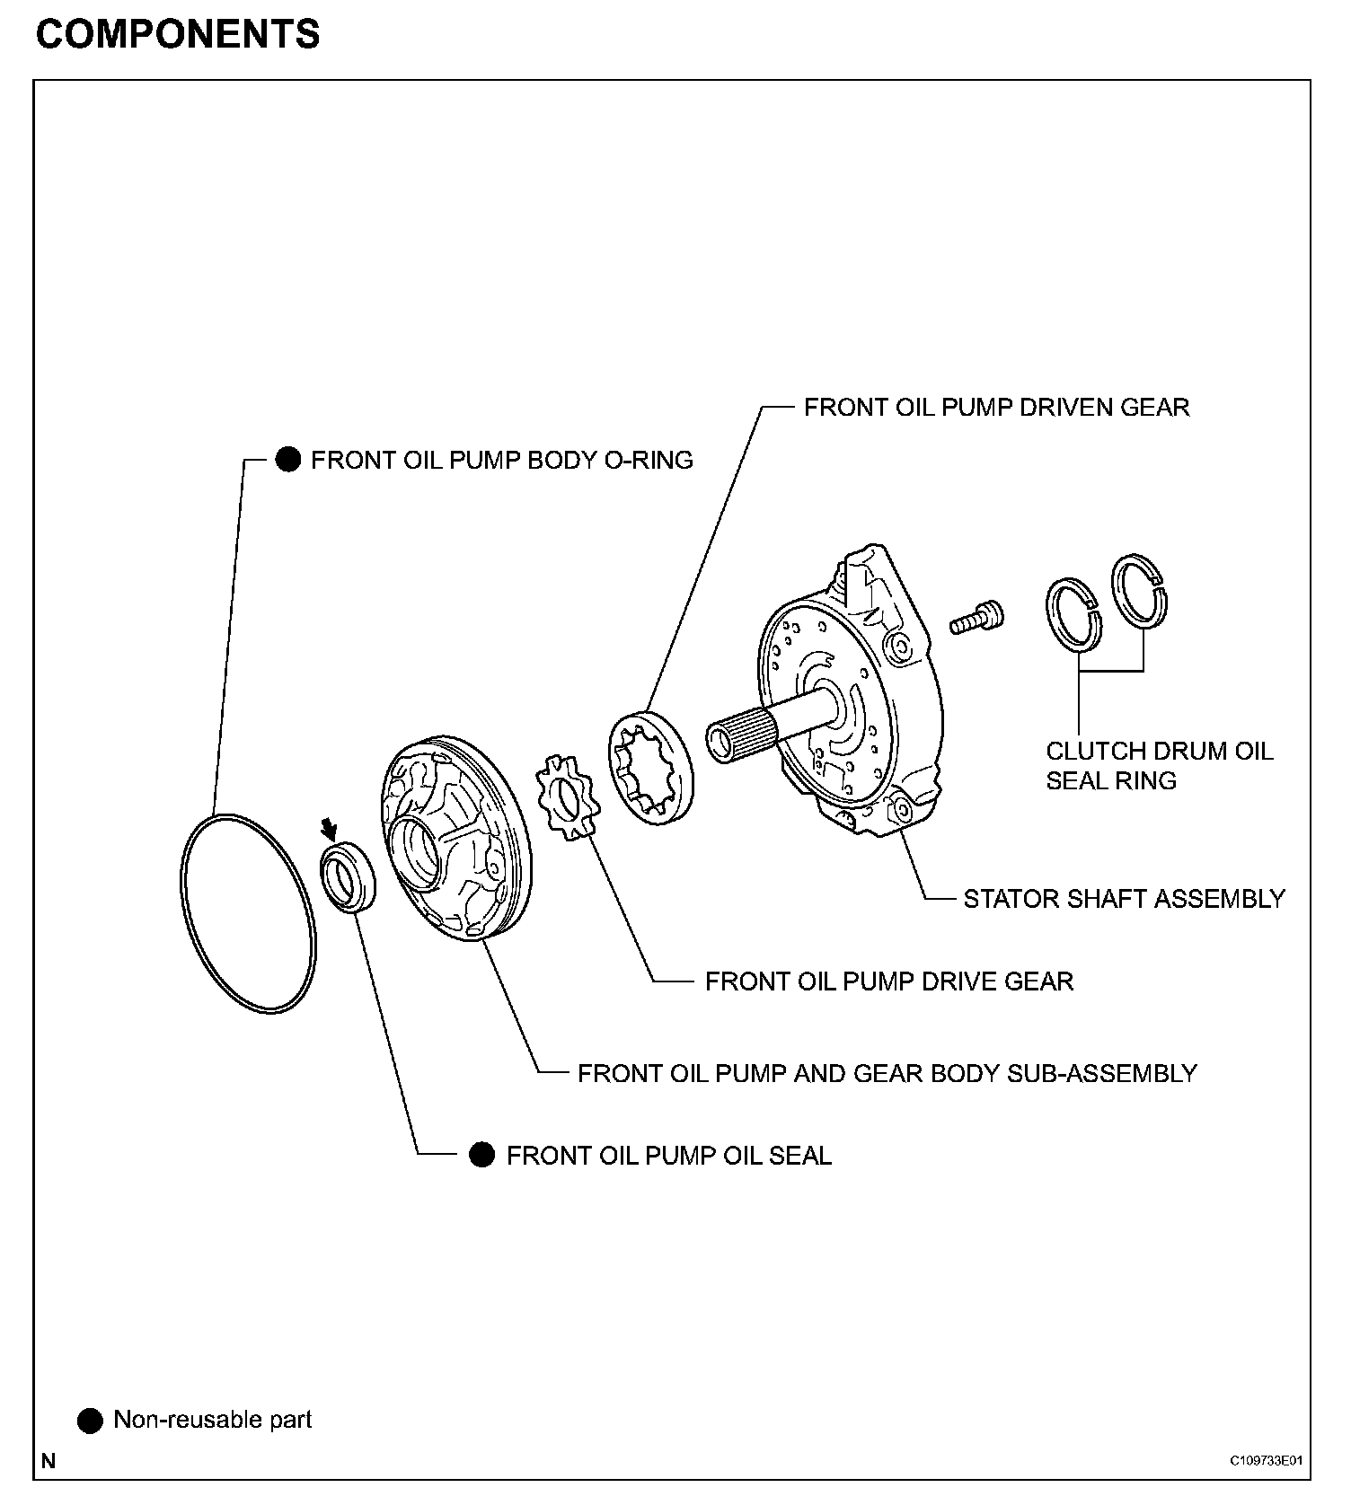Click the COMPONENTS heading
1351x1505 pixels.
point(178,34)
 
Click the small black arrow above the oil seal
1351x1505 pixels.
point(331,826)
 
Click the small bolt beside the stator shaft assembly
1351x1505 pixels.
point(976,618)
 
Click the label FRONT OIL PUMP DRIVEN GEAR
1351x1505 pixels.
point(996,408)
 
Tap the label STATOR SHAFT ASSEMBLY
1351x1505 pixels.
point(1124,899)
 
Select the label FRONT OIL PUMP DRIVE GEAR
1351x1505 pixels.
point(888,981)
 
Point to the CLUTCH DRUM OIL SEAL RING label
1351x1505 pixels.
point(1159,765)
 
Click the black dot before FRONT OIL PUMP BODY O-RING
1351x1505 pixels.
point(287,460)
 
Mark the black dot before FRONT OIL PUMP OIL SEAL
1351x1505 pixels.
point(482,1155)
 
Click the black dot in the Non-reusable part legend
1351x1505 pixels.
point(90,1421)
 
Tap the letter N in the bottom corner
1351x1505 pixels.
point(49,1461)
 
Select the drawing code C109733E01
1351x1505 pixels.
point(1266,1461)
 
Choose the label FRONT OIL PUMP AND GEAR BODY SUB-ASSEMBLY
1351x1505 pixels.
point(887,1073)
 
